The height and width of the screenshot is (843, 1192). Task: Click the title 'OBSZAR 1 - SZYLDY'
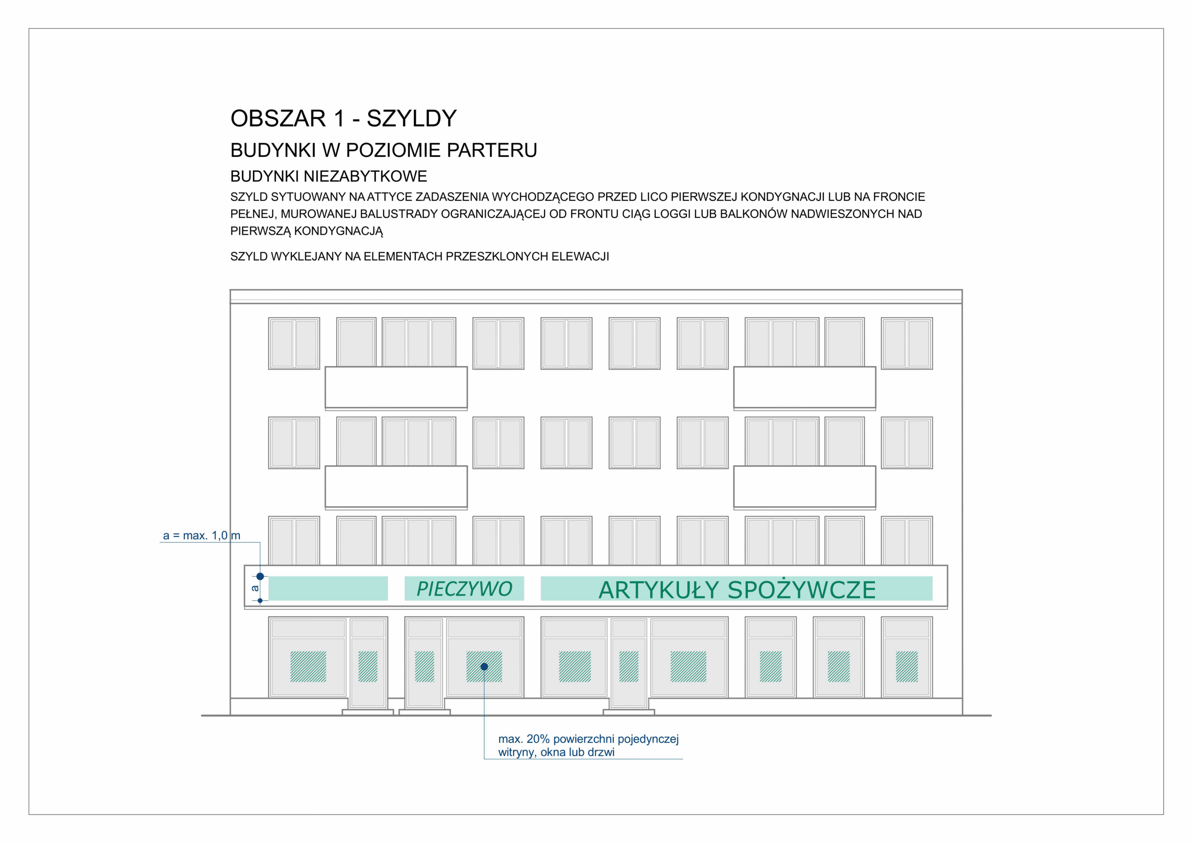pos(343,118)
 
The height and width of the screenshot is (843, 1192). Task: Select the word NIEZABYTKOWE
pos(365,176)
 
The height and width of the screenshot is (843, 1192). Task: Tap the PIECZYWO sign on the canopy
pos(464,589)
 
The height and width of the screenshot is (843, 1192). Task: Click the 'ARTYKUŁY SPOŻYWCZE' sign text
pos(737,590)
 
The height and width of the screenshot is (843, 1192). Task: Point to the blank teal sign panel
pos(328,589)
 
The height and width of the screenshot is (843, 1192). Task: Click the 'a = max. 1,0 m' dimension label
pos(202,535)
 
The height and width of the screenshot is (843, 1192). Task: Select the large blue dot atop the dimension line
pos(260,576)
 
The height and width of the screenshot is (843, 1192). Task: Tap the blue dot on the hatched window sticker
pos(484,666)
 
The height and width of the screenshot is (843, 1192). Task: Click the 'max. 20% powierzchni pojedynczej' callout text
pos(588,739)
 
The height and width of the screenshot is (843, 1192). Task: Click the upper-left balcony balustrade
pos(396,388)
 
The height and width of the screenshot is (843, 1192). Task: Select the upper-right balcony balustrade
pos(804,388)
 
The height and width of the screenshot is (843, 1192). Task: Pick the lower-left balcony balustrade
pos(396,487)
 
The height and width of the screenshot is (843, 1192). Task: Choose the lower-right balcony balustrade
pos(804,487)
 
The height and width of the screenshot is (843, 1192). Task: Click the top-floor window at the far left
pos(294,343)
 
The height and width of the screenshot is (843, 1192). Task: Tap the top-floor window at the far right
pos(907,343)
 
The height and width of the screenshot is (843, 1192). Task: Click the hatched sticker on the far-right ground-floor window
pos(907,666)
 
